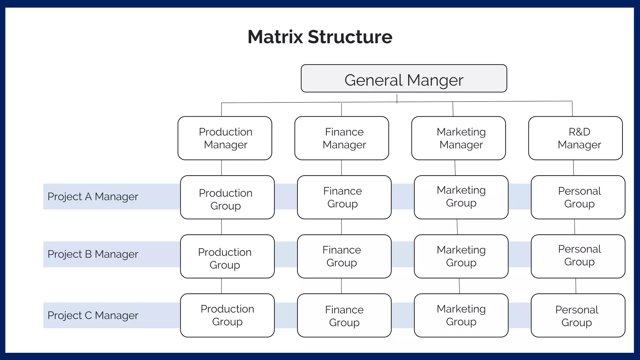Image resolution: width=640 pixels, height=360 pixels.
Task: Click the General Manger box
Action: point(404,78)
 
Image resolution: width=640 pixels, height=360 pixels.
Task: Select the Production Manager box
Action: point(225,138)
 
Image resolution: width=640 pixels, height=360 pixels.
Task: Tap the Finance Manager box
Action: point(342,138)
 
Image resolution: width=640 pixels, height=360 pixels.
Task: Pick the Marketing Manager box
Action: point(458,138)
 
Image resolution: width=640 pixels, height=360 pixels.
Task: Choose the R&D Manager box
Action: point(575,138)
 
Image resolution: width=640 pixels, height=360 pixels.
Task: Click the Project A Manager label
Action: point(93,197)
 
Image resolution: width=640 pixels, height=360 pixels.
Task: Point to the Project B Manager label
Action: point(93,254)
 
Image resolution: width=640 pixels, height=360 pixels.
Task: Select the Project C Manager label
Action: point(93,315)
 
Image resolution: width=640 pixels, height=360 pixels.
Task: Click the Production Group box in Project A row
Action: point(227,197)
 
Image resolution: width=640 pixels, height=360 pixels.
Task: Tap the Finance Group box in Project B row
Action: point(344,256)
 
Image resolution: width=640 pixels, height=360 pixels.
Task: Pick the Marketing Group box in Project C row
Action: point(461,315)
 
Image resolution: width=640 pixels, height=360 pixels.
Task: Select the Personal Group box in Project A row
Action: point(578,197)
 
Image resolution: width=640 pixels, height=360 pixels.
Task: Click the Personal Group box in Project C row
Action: point(578,315)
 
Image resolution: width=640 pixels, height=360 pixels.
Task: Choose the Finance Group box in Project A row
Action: point(344,197)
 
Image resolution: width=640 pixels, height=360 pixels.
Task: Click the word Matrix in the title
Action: point(275,37)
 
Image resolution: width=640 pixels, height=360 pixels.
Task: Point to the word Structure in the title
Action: point(350,37)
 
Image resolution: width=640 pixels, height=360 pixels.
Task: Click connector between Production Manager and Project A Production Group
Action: point(222,168)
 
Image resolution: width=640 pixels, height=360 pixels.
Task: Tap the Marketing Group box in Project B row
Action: point(461,256)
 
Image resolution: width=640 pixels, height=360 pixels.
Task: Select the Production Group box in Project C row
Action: point(227,315)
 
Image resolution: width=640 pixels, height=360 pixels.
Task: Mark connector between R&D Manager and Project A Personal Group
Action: point(573,168)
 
